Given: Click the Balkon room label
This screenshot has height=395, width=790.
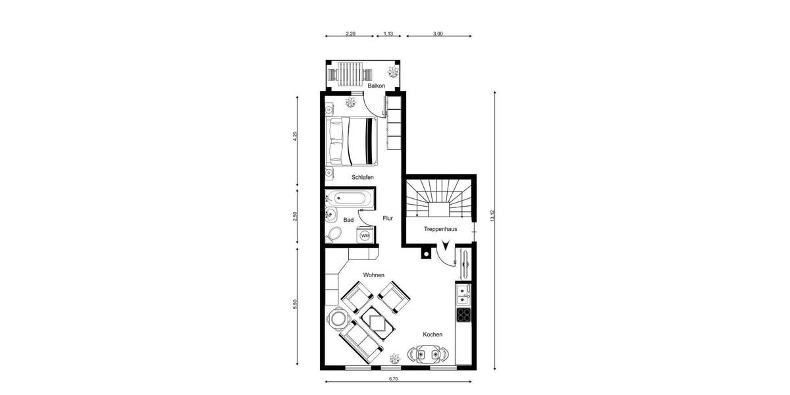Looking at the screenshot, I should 377,86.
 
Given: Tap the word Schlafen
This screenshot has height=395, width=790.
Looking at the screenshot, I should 363,177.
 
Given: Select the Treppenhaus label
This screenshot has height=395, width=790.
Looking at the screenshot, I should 440,229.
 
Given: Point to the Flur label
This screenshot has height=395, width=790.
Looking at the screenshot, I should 388,218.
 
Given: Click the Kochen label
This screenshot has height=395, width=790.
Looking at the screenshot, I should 433,334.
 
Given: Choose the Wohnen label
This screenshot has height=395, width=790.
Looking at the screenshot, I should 373,275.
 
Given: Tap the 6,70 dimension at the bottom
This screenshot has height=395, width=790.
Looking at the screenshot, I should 394,379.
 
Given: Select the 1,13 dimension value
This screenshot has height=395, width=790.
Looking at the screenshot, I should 388,34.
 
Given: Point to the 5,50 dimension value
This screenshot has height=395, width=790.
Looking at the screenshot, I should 295,305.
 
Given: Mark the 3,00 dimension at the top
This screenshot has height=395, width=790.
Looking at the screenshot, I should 438,34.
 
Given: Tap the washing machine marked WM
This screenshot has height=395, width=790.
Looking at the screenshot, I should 365,235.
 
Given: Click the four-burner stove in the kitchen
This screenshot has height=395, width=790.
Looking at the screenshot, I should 463,314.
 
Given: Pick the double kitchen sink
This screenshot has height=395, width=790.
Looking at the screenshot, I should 463,292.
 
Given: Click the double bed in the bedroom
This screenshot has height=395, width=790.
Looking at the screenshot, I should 353,142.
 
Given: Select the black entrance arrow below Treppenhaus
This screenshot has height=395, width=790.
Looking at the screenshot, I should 447,246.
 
